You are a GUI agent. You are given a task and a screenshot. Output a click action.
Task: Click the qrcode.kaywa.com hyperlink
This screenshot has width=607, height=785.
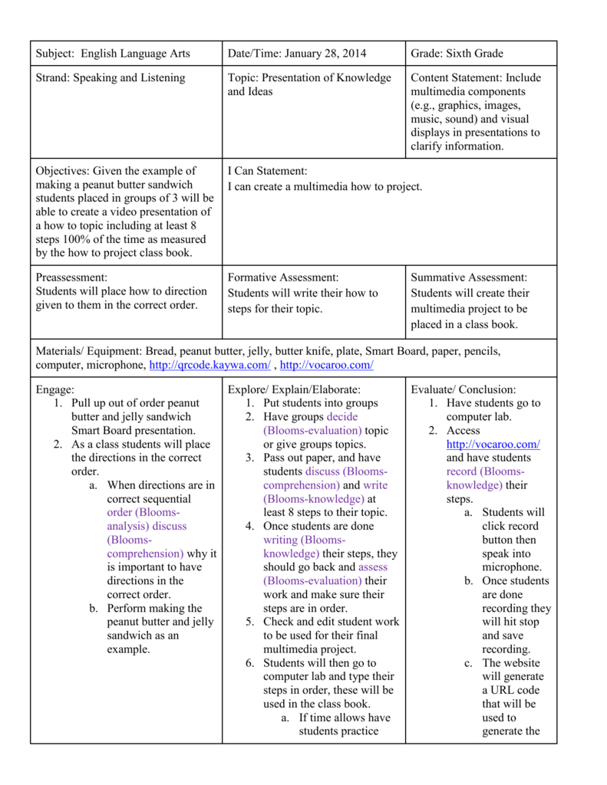point(209,365)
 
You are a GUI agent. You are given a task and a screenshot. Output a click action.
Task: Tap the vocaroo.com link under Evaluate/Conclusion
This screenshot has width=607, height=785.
point(493,445)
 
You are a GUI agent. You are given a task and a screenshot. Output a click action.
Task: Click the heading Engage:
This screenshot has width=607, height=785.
point(55,389)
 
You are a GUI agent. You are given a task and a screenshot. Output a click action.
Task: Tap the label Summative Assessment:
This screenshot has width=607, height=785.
point(469,278)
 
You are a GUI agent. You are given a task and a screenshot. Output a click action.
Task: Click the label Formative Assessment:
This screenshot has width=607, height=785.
point(283,278)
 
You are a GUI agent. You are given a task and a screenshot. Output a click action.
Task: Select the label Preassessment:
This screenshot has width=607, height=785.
point(72,278)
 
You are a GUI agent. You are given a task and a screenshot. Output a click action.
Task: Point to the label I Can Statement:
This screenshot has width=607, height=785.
point(267,171)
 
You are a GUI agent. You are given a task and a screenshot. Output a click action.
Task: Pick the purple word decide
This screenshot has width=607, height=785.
point(342,417)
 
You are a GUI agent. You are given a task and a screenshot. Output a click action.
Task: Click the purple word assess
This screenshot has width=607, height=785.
point(373,567)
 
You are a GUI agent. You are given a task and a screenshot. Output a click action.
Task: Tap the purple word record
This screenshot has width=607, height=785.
point(461,471)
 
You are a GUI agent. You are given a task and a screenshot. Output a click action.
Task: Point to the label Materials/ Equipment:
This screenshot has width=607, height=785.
point(89,351)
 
